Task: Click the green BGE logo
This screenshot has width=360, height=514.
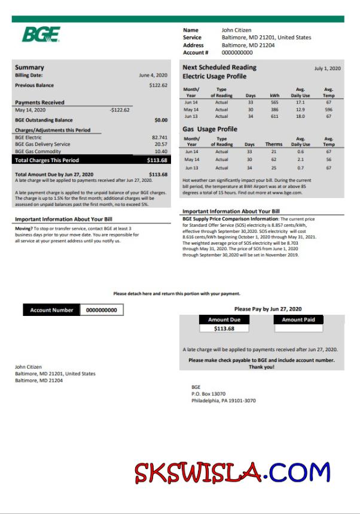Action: pyautogui.click(x=41, y=35)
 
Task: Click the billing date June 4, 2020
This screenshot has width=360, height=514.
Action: pyautogui.click(x=153, y=75)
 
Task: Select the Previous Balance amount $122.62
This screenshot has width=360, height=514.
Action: pyautogui.click(x=158, y=86)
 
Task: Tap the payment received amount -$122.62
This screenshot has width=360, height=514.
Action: pyautogui.click(x=120, y=110)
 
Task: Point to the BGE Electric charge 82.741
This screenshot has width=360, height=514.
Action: pyautogui.click(x=160, y=137)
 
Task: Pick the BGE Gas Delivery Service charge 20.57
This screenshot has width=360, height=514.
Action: pyautogui.click(x=161, y=144)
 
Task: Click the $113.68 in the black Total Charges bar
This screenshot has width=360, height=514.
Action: pyautogui.click(x=157, y=160)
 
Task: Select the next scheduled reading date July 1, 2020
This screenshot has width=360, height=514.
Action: pyautogui.click(x=328, y=69)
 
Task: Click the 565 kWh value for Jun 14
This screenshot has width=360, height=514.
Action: pyautogui.click(x=274, y=103)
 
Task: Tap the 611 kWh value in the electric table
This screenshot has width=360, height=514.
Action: pyautogui.click(x=274, y=117)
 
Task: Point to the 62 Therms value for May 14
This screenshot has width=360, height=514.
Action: pyautogui.click(x=274, y=160)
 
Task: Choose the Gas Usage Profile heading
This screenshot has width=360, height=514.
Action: pyautogui.click(x=210, y=129)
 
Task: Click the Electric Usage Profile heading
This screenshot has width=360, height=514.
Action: pyautogui.click(x=214, y=77)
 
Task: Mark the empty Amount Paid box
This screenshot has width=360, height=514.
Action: pyautogui.click(x=298, y=329)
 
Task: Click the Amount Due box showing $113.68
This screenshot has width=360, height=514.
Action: pyautogui.click(x=224, y=329)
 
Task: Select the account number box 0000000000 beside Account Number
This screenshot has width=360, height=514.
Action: pyautogui.click(x=101, y=310)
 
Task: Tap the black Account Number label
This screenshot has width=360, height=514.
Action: pyautogui.click(x=51, y=310)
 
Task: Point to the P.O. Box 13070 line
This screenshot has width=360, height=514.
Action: pyautogui.click(x=208, y=394)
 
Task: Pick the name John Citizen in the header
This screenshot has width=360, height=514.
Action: pyautogui.click(x=236, y=30)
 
